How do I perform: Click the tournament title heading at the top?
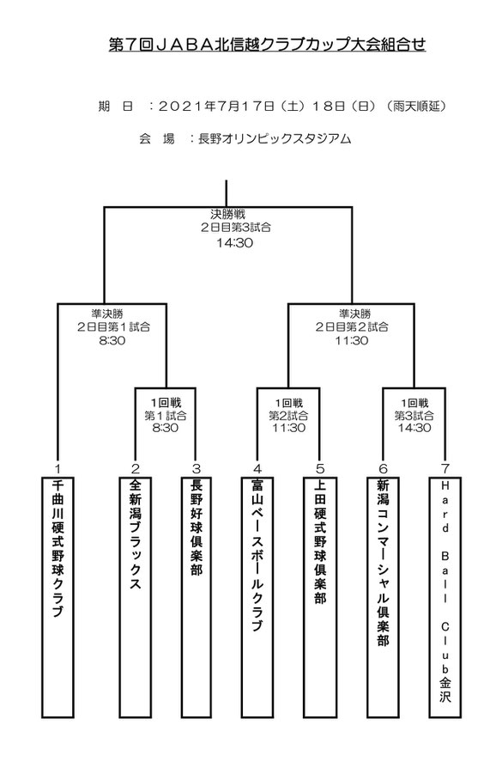tap(267, 45)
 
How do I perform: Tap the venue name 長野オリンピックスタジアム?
tap(275, 138)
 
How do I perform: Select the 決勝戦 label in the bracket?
tap(227, 214)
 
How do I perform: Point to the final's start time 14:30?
tap(235, 242)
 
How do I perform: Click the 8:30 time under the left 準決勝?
tap(112, 340)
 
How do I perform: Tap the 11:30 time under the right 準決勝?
tap(352, 340)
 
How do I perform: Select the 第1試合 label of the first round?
tap(165, 416)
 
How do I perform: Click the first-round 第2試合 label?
tap(288, 416)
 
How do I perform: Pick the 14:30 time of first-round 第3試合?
tap(414, 428)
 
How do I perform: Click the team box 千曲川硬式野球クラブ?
tap(57, 597)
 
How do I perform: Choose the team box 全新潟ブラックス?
tap(136, 597)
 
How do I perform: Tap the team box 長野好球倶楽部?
tap(197, 597)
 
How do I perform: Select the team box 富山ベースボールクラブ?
tap(257, 597)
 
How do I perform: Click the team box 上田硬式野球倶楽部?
tap(320, 597)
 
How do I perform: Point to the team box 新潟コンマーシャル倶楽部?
tap(383, 597)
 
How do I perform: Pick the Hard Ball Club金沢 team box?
tap(445, 597)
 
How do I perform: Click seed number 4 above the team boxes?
tap(257, 469)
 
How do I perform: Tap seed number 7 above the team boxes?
tap(445, 469)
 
